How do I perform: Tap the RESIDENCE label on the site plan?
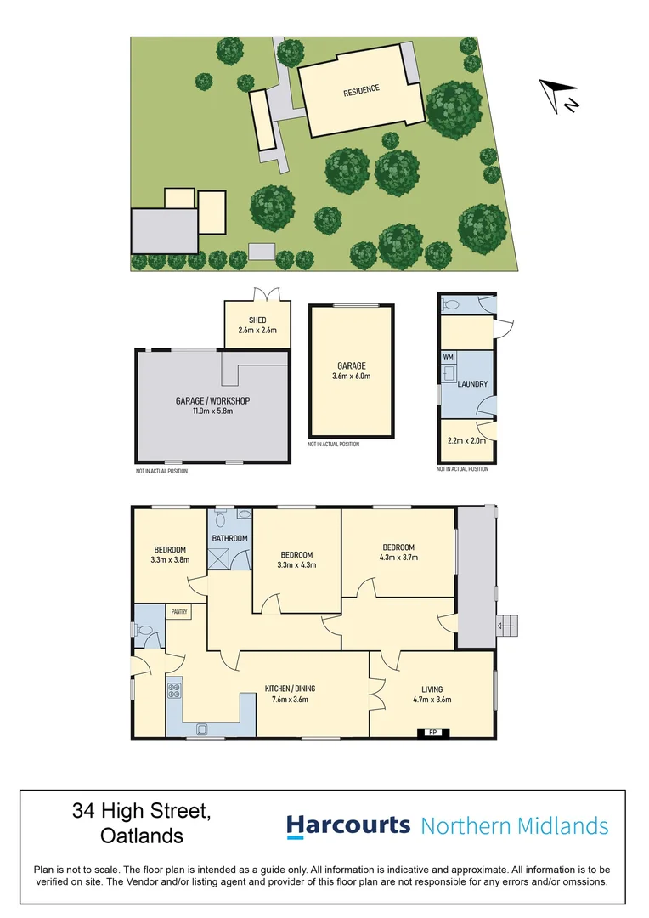point(361,90)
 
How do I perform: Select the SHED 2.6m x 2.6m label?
point(257,326)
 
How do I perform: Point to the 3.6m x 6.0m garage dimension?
point(351,376)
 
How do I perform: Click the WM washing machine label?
point(448,357)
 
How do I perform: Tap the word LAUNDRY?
point(472,384)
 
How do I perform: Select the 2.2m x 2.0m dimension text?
point(466,441)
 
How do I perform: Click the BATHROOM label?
point(229,538)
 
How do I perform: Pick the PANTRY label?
point(178,610)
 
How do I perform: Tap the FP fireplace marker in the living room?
point(432,732)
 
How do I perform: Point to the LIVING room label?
point(432,689)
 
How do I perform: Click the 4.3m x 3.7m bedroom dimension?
point(398,558)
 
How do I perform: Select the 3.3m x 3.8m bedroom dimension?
point(170,560)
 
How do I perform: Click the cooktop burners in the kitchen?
point(175,691)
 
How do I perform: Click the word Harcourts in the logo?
point(348,825)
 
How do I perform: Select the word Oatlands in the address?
point(141,836)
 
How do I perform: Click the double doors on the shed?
point(268,295)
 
